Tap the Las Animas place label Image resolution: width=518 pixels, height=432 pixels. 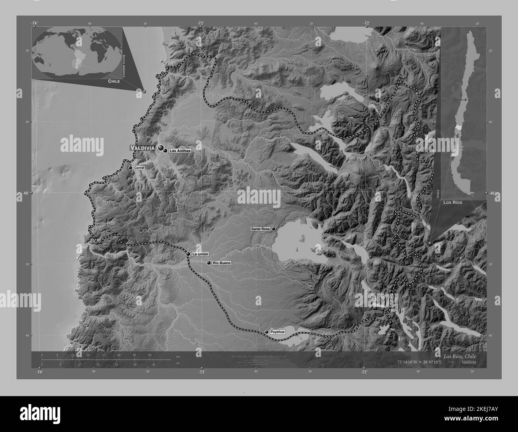pos(180,151)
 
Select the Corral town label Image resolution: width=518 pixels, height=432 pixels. pos(139,168)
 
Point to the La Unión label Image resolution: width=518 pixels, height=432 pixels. pos(200,254)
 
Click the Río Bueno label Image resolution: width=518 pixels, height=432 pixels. pos(221,263)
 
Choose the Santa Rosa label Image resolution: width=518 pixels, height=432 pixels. pos(261,229)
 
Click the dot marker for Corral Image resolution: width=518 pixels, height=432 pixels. pos(130,168)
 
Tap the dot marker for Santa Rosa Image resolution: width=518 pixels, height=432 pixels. pos(274,229)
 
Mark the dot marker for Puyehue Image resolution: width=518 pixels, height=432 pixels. pos(267,332)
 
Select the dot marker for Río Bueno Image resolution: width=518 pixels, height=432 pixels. pos(209,263)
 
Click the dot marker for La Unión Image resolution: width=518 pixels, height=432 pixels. pos(188,254)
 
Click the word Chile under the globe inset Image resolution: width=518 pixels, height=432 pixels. pos(114,81)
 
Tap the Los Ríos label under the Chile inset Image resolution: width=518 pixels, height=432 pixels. pos(452,203)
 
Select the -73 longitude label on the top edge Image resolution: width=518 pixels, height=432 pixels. pos(200,23)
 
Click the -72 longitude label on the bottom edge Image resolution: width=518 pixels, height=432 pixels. pos(363,372)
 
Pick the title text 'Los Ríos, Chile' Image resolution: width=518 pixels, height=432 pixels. pos(459,356)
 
